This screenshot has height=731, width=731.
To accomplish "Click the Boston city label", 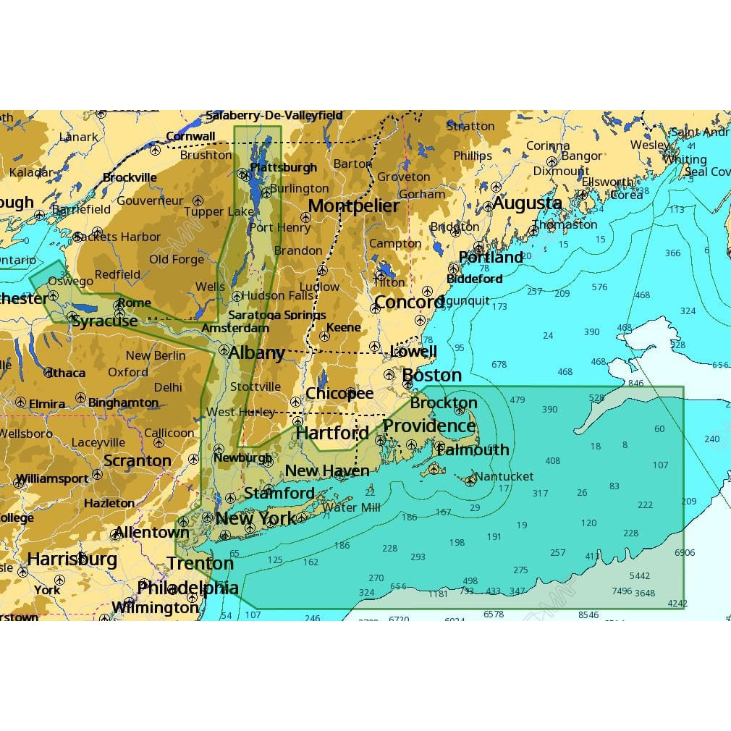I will point(431,375).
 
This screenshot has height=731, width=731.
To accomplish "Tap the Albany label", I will point(256,353).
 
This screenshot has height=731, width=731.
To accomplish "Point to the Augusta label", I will point(528,203).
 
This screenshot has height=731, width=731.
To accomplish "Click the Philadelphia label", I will point(188,588).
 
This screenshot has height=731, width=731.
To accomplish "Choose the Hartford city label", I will point(332,433).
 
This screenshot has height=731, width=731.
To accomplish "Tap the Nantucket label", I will point(505,476).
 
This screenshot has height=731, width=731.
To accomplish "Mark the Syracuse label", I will point(104,321).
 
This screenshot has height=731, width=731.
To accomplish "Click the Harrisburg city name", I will point(72,559).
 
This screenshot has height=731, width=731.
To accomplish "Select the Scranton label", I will point(138,460).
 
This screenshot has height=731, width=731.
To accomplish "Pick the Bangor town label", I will point(581,156).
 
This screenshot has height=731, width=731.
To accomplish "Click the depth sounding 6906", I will point(684,553).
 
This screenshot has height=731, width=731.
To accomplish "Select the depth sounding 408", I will point(552,461).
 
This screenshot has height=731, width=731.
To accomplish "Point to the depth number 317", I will point(540,494).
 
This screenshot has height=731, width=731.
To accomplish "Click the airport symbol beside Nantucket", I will point(470,478).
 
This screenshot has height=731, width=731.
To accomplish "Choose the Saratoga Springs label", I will point(276,315).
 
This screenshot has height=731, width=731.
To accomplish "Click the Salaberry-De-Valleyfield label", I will point(274,115).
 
